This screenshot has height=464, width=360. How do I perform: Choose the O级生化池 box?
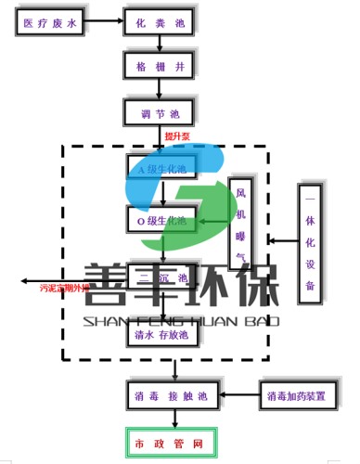pyautogui.click(x=162, y=221)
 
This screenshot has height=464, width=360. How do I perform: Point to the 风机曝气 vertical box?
pyautogui.click(x=240, y=224)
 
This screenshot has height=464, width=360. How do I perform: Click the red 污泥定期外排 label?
pyautogui.click(x=64, y=289)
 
